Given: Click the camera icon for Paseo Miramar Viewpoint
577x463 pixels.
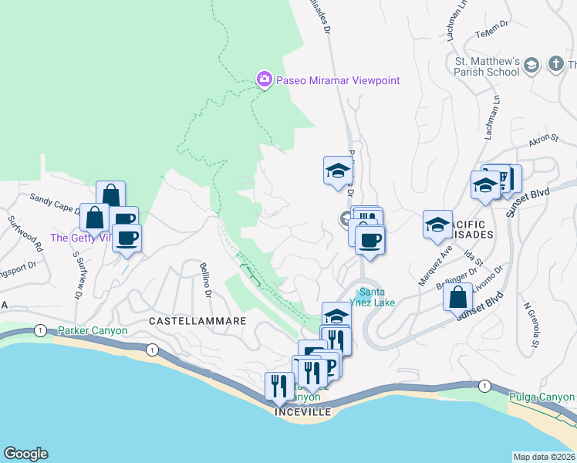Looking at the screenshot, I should (x=264, y=79).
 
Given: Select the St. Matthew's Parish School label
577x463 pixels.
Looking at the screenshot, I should (x=487, y=66).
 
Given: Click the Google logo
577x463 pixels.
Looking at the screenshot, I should (x=25, y=454).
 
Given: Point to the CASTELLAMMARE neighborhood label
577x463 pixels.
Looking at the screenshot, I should (x=186, y=320).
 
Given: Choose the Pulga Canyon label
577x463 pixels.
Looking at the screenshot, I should (x=542, y=397).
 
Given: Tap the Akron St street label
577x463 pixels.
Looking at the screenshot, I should (x=543, y=139).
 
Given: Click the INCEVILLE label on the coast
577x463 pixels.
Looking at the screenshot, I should (x=303, y=412).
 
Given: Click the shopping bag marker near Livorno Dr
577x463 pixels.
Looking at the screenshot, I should (x=458, y=296).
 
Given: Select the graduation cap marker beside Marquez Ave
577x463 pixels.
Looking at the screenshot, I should (x=437, y=224).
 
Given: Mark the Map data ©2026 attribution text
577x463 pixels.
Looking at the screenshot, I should (x=544, y=457).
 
